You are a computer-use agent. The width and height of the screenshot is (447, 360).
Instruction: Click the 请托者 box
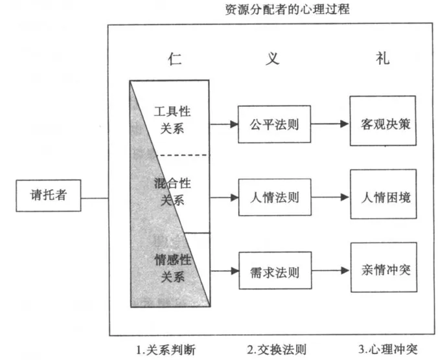[x=49, y=196]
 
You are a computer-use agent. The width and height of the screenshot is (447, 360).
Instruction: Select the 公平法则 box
[x=274, y=124]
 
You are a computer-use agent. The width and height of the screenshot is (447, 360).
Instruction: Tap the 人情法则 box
[x=275, y=197]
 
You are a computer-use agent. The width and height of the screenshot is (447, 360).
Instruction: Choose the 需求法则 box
[x=275, y=271]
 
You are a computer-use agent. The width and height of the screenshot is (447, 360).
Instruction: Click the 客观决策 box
[x=383, y=121]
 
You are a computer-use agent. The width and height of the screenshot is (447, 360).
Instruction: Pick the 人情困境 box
[x=384, y=194]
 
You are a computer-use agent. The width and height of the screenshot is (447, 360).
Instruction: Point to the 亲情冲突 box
[x=384, y=267]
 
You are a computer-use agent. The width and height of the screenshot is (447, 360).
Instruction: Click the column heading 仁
[x=175, y=59]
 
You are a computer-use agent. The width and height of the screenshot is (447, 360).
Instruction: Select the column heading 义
[x=273, y=58]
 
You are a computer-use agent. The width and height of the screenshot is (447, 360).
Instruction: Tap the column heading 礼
[x=383, y=58]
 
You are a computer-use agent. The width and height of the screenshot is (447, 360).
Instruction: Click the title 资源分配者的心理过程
[x=288, y=10]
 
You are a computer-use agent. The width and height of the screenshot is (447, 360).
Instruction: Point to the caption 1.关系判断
[x=166, y=350]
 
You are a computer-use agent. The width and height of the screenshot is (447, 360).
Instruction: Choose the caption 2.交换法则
[x=277, y=350]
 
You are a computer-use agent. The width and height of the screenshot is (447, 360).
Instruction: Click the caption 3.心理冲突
[x=388, y=349]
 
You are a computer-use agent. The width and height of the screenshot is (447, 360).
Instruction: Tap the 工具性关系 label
[x=172, y=120]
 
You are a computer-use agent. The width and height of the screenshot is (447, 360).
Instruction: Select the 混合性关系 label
[x=172, y=192]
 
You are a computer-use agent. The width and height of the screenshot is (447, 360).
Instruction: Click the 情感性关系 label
[x=173, y=268]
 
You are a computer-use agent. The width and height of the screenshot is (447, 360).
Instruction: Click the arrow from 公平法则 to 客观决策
[x=330, y=124]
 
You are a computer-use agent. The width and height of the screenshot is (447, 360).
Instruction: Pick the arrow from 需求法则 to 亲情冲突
[x=331, y=270]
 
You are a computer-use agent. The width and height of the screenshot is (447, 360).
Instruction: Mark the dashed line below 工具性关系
[x=183, y=155]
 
